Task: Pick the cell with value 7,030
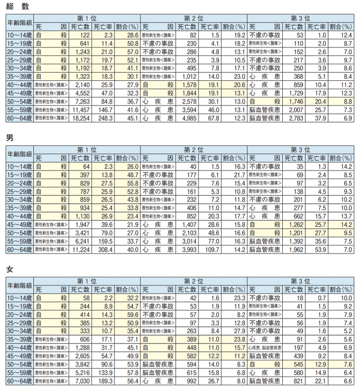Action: (81, 382)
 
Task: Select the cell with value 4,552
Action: (81, 93)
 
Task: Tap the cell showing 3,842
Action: (81, 365)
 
